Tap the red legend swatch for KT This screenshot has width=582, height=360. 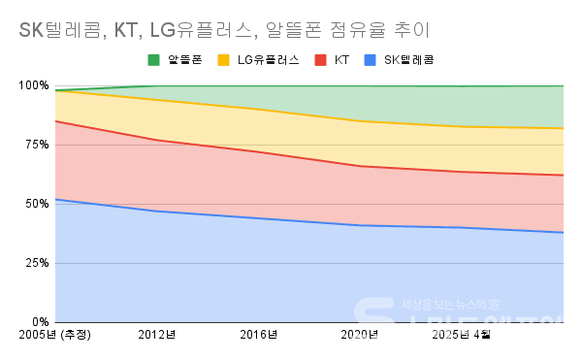coord(320,60)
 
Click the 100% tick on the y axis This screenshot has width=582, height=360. coord(33,85)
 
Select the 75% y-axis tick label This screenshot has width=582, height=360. coord(36,145)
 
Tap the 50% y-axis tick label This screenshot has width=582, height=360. coord(36,204)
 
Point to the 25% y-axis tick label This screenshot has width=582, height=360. coord(36,263)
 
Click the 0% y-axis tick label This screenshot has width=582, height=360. coord(39,322)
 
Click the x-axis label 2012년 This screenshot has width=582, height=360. coord(157,336)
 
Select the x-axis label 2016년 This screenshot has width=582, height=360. coord(259,336)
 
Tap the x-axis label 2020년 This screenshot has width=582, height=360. coord(361,336)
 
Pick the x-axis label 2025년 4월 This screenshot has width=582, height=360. coord(462,336)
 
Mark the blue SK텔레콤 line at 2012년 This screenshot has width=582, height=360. coord(157,212)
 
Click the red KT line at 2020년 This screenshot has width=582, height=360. coord(361,166)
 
